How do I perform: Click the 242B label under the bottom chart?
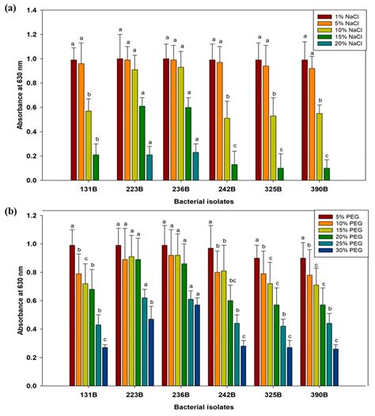[231, 397]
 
